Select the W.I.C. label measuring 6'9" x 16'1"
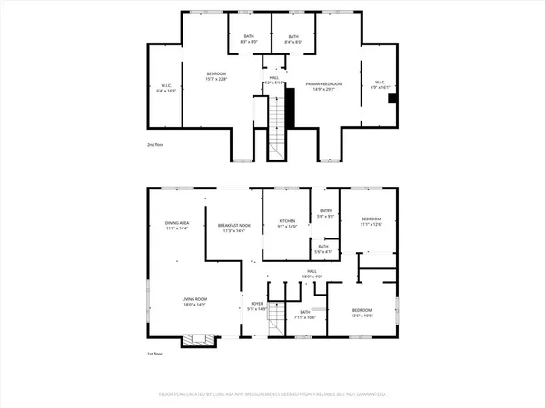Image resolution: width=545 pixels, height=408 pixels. pyautogui.click(x=378, y=85)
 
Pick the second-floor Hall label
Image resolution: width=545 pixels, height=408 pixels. pyautogui.click(x=273, y=79)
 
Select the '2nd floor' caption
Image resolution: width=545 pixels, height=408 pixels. pyautogui.click(x=156, y=145)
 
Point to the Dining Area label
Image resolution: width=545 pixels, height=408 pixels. pyautogui.click(x=176, y=226)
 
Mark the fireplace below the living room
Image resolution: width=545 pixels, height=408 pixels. pyautogui.click(x=197, y=341)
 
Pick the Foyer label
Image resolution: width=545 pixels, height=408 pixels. pyautogui.click(x=257, y=306)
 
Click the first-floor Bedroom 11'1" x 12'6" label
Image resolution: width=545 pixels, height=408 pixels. pyautogui.click(x=372, y=221)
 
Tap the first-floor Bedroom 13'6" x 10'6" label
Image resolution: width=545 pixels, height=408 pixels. pyautogui.click(x=362, y=312)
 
